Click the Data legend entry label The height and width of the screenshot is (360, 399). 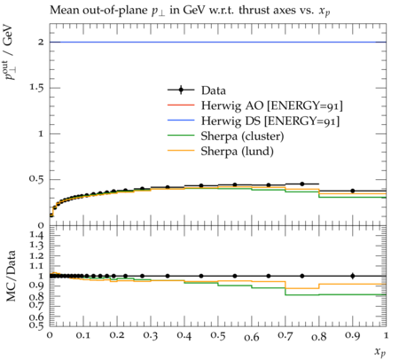[214, 90]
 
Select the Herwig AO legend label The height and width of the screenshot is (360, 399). [272, 106]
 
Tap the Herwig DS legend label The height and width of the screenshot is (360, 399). [270, 121]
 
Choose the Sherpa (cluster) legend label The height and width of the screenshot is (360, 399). [242, 137]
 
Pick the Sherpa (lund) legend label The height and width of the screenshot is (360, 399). [238, 152]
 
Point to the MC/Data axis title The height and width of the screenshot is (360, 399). [11, 276]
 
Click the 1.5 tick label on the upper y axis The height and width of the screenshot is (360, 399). [36, 88]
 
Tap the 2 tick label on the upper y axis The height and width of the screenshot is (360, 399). [41, 42]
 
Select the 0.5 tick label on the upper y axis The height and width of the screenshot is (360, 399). [36, 179]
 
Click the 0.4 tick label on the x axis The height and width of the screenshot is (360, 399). [184, 336]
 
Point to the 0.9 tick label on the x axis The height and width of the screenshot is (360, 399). [353, 336]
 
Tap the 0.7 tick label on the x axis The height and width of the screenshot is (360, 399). [286, 336]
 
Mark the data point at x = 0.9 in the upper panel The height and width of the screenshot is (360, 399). [353, 191]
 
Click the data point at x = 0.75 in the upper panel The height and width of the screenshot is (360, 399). [302, 184]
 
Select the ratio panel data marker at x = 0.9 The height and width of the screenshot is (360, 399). [353, 276]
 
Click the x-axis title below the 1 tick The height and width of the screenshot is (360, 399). [380, 352]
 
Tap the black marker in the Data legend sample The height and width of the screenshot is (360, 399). [181, 90]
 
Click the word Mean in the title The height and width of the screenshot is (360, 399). [64, 10]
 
